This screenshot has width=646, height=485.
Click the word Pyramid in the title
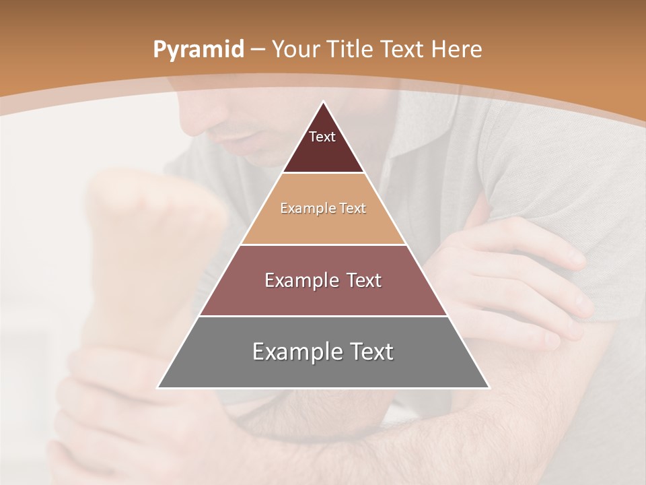coord(198,50)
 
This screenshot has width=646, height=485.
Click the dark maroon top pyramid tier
coord(323,152)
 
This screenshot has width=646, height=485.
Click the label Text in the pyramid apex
coord(322,137)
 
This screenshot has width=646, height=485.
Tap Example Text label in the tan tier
coord(323,208)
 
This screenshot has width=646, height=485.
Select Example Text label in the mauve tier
coord(323,280)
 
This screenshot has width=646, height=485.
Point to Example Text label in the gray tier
coord(323,352)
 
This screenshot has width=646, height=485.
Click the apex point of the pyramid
coord(323,102)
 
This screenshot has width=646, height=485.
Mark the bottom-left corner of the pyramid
coord(158,387)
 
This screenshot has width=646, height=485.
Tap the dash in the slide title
coord(257,50)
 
